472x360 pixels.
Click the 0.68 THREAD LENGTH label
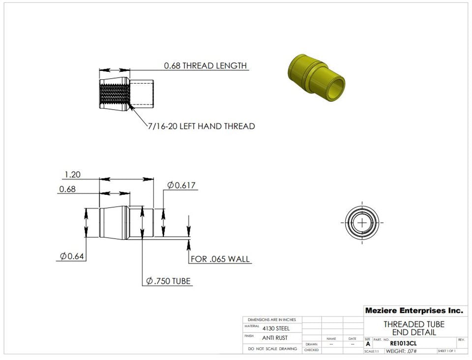point(205,65)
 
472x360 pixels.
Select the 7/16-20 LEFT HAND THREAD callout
point(202,126)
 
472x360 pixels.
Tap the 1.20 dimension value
point(72,174)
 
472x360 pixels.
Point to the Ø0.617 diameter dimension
point(181,185)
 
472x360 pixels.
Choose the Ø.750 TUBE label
point(169,281)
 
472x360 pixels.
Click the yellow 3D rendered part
point(315,76)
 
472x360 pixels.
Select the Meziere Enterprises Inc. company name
point(414,311)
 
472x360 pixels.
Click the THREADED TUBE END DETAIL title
point(414,328)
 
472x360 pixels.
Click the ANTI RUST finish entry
point(275,338)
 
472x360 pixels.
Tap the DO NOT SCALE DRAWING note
point(272,349)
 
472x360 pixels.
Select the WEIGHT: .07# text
point(401,351)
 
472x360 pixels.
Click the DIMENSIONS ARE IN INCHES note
point(272,320)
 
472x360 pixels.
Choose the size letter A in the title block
point(368,344)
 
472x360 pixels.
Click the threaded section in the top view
point(114,94)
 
